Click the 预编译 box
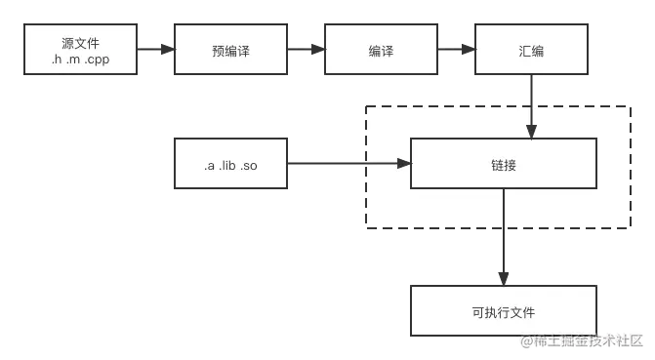[x=229, y=50]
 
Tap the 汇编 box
[x=531, y=50]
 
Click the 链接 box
[x=504, y=163]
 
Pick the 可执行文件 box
[x=504, y=311]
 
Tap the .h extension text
[x=57, y=60]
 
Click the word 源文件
[x=81, y=43]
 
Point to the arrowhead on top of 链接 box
[x=531, y=133]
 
